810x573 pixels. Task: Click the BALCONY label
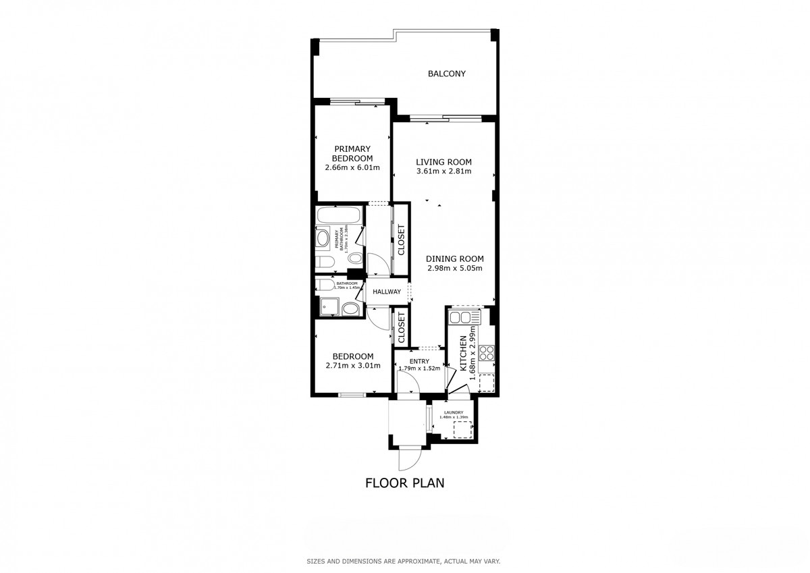[446, 74]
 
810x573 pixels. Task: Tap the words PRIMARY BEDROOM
[352, 153]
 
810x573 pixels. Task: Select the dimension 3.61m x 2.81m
[443, 171]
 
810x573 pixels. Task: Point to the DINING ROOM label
[454, 258]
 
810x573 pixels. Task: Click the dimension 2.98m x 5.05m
[454, 268]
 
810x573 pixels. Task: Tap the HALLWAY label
[387, 292]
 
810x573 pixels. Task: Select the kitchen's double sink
[464, 317]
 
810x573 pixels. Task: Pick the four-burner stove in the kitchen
[487, 352]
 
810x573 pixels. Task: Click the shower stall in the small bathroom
[329, 306]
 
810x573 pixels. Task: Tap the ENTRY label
[418, 361]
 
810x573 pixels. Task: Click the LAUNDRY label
[453, 412]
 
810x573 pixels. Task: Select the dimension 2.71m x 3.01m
[352, 366]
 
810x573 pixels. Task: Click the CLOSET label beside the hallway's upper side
[401, 240]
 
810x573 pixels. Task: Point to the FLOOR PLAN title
[404, 483]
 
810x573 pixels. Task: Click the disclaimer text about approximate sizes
[404, 561]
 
